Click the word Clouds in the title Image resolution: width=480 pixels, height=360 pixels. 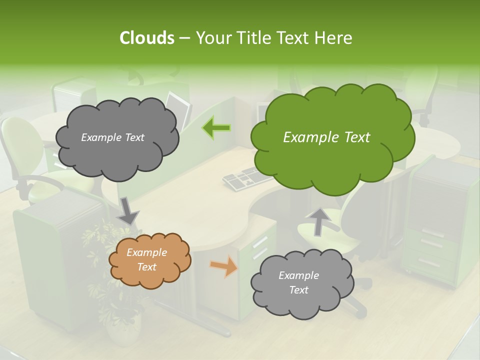[146, 38]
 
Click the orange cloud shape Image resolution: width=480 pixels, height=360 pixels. [149, 260]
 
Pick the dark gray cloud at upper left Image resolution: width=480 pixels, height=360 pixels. [116, 137]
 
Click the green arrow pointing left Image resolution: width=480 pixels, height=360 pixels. [216, 128]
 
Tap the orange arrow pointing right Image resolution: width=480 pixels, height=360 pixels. [224, 266]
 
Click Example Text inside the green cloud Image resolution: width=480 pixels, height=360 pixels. [326, 137]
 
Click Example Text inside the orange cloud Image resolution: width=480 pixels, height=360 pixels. [146, 259]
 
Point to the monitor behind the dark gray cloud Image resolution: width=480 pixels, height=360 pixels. [179, 105]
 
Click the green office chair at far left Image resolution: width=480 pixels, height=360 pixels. [25, 150]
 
